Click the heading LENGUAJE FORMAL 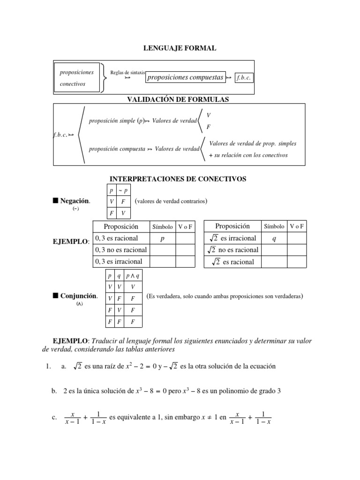pos(180,49)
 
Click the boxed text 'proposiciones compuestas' pos(185,78)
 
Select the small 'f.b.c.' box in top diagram pos(244,78)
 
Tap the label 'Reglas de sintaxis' pos(127,73)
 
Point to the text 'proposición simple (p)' pos(116,121)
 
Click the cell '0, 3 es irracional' pos(119,262)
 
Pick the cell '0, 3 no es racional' pos(121,250)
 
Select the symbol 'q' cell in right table pos(274,238)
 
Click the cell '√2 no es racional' pos(233,250)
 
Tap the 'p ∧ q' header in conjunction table pos(133,276)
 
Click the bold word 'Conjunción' pos(79,296)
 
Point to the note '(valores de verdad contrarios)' pos(171,202)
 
